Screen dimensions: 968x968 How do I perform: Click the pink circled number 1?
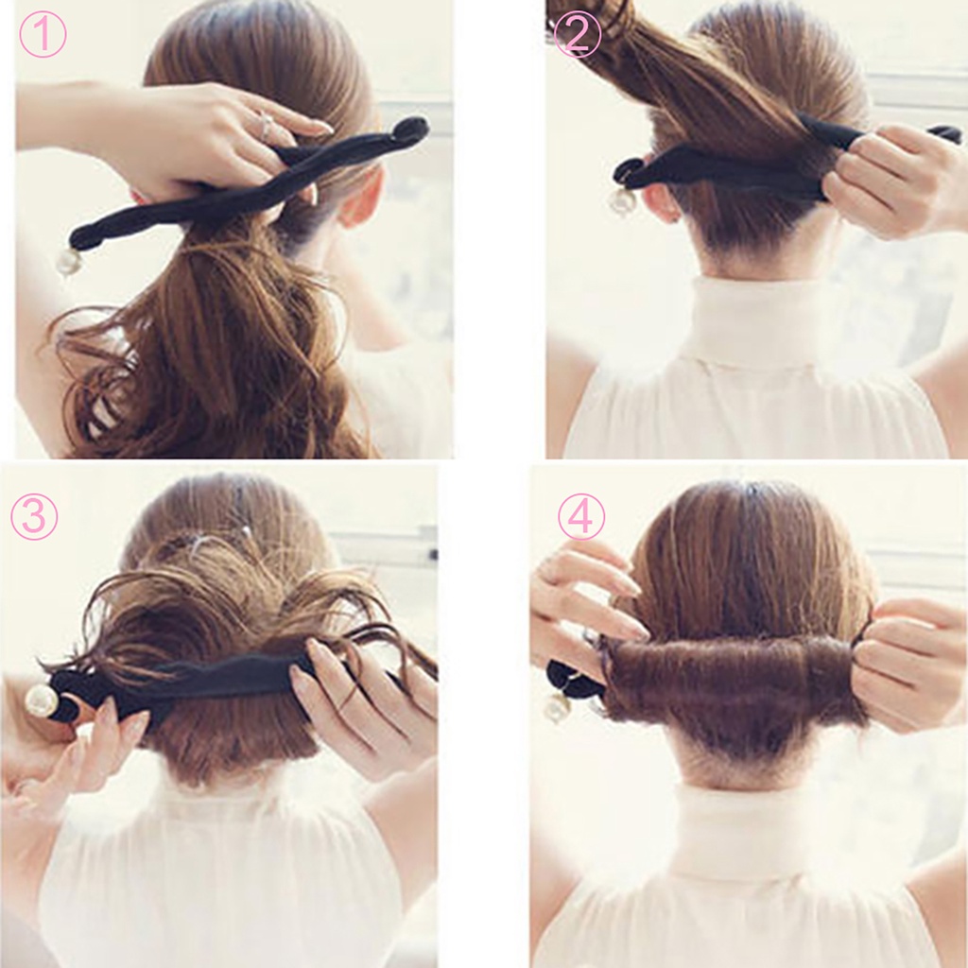pyautogui.click(x=43, y=34)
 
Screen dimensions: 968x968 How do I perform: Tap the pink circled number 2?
pyautogui.click(x=577, y=34)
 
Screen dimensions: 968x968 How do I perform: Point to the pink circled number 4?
pyautogui.click(x=580, y=516)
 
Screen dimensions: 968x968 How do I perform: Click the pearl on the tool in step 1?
pyautogui.click(x=68, y=262)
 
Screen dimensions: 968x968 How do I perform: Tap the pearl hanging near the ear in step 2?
pyautogui.click(x=622, y=200)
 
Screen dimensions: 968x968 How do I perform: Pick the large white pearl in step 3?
pyautogui.click(x=41, y=700)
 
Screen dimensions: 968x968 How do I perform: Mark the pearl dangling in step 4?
pyautogui.click(x=556, y=707)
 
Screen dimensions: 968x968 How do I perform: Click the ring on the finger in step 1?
pyautogui.click(x=266, y=126)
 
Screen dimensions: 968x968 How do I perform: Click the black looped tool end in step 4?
pyautogui.click(x=565, y=677)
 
